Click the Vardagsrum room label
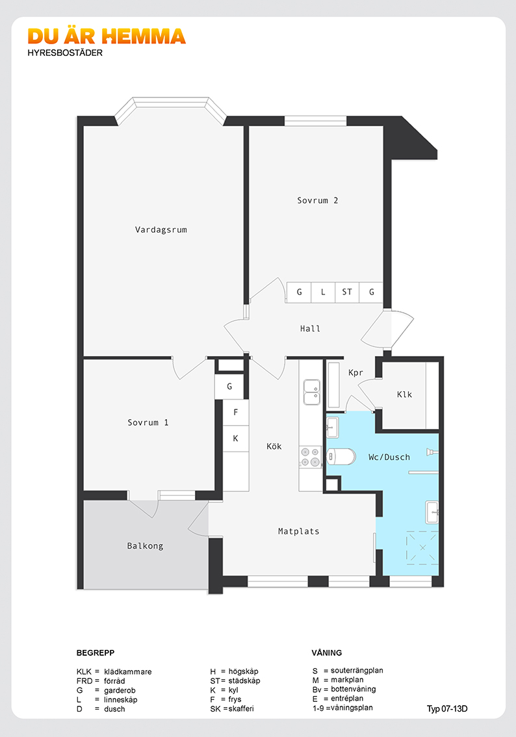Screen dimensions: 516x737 (x=161, y=230)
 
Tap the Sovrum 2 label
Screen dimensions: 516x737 (x=317, y=200)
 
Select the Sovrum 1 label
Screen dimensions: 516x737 (x=148, y=422)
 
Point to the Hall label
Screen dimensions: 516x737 (x=310, y=329)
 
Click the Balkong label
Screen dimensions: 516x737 (x=145, y=546)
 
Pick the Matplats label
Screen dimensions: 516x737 (x=298, y=531)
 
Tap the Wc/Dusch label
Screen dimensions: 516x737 (x=389, y=457)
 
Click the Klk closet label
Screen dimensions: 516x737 (x=404, y=394)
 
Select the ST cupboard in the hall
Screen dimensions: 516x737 (x=347, y=292)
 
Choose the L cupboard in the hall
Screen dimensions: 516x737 (x=323, y=292)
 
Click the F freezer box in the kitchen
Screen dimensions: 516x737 (x=236, y=412)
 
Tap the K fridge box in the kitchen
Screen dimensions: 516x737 (x=236, y=439)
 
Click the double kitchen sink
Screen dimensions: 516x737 (x=311, y=392)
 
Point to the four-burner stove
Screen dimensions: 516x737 (x=310, y=457)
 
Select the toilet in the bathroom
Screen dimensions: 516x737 (x=342, y=456)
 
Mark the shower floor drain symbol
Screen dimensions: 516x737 (x=422, y=548)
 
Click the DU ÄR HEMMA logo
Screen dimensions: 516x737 (x=107, y=36)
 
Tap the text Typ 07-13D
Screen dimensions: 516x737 (x=447, y=709)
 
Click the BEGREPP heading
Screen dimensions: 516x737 (x=96, y=653)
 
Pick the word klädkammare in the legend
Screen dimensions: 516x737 (x=128, y=671)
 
